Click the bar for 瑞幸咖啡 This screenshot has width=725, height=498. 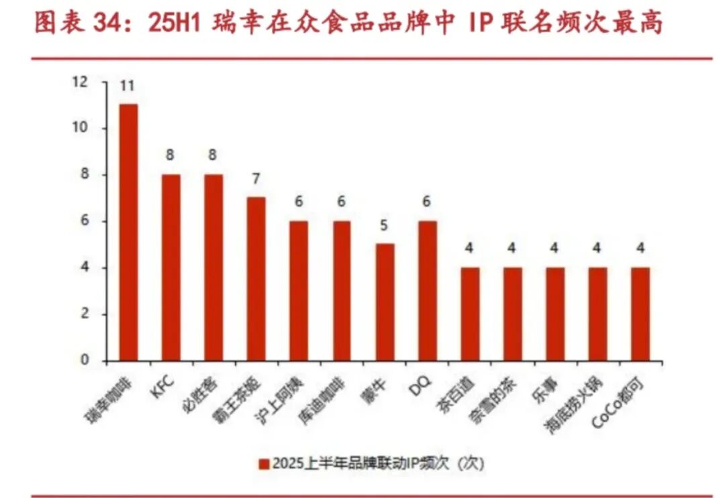pos(128,232)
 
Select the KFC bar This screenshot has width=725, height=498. pos(171,267)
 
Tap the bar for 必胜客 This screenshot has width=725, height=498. pos(213,267)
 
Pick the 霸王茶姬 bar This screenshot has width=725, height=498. pos(256,278)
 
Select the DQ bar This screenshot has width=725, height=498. pos(427,290)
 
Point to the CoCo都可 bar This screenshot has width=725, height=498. pos(640,314)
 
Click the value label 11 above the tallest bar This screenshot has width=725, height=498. pos(128,86)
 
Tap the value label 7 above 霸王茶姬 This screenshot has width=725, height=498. pos(256,179)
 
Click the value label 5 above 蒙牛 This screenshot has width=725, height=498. pos(385,225)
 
